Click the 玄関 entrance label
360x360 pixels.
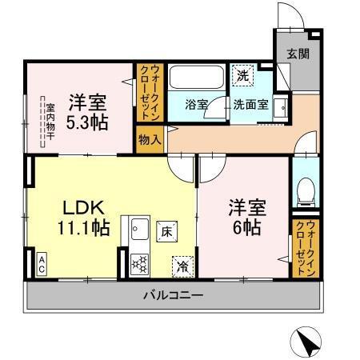tap(298, 55)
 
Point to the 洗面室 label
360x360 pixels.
tap(251, 104)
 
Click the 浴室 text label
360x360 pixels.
tap(197, 104)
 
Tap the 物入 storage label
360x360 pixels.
tap(150, 138)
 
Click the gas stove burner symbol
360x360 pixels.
tap(137, 263)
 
